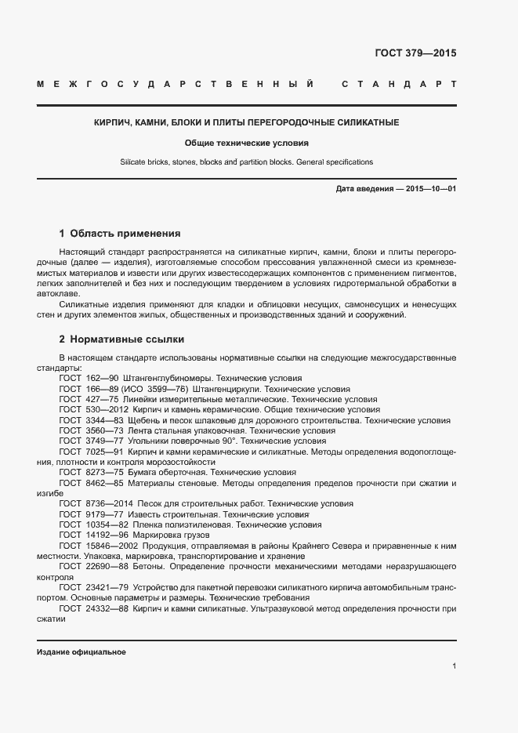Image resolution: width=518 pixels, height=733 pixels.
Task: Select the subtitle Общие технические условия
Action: (247, 143)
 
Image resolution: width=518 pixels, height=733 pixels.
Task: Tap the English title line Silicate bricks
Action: (247, 162)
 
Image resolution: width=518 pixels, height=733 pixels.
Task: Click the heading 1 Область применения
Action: (120, 234)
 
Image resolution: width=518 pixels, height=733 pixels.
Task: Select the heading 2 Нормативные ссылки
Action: (121, 339)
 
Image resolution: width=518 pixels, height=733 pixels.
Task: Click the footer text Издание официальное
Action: (82, 652)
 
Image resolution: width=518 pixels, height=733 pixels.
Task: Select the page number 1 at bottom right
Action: (454, 666)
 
